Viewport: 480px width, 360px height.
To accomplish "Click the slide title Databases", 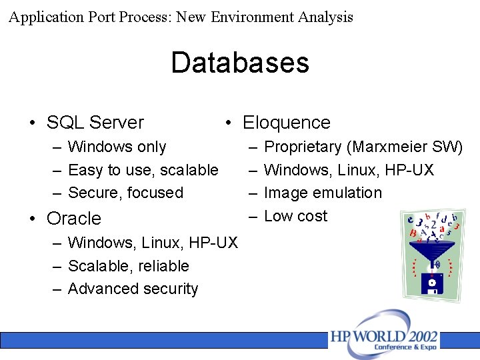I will [240, 63].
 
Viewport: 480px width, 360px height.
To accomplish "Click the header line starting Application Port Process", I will [181, 17].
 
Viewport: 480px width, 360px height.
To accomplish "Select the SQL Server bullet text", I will [95, 123].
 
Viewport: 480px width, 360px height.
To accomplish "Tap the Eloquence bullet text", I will [286, 123].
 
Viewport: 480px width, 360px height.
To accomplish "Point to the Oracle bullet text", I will [74, 219].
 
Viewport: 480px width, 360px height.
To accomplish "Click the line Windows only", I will [117, 147].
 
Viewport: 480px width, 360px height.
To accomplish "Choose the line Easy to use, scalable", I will [143, 170].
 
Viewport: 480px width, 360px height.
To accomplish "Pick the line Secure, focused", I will [125, 193].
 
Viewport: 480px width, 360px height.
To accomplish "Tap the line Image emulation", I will [323, 193].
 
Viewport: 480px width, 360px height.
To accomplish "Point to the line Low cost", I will [295, 216].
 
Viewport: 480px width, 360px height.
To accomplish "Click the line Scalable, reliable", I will [128, 266].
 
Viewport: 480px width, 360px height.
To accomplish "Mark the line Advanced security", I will [133, 289].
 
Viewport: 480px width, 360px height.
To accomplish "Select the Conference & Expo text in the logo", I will [406, 347].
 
